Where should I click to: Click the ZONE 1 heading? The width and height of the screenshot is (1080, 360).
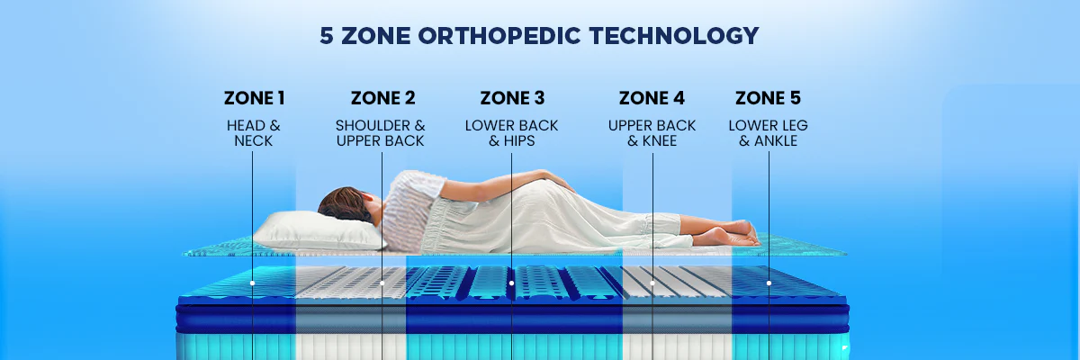point(254,98)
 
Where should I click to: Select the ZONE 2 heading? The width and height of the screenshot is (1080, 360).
point(382,98)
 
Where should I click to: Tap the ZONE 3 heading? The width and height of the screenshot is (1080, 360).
point(512,98)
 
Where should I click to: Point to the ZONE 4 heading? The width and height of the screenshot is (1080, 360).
point(652,98)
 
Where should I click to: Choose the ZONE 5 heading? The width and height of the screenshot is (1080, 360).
point(768,98)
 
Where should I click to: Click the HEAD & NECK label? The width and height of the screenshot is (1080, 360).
point(254,133)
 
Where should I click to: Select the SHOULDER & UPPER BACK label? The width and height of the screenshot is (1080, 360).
point(381,133)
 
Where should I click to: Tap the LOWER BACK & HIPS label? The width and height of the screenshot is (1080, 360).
point(511,133)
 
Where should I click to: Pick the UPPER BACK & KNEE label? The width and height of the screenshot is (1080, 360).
point(652,133)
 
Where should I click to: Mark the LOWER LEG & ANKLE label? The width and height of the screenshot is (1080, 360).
point(768,133)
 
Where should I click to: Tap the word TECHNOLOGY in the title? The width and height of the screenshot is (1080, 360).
point(674,36)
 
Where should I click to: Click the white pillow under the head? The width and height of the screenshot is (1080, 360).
point(319,230)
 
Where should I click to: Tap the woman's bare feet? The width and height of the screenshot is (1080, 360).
point(725,233)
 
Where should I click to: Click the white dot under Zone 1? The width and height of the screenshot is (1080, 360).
point(252,283)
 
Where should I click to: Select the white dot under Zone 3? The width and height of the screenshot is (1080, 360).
point(511,283)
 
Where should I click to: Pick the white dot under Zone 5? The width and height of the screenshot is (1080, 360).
point(769,283)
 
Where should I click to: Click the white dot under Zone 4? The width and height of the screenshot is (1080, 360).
point(652,283)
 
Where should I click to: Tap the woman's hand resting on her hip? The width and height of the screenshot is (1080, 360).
point(558,180)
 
